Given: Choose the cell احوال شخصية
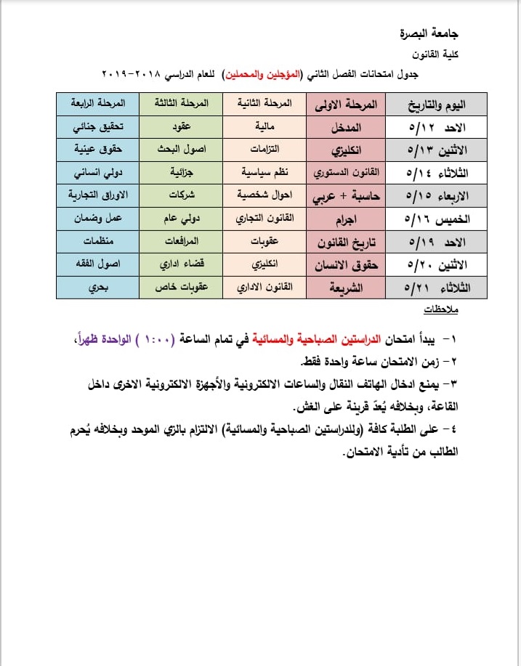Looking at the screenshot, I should tap(265, 196).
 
